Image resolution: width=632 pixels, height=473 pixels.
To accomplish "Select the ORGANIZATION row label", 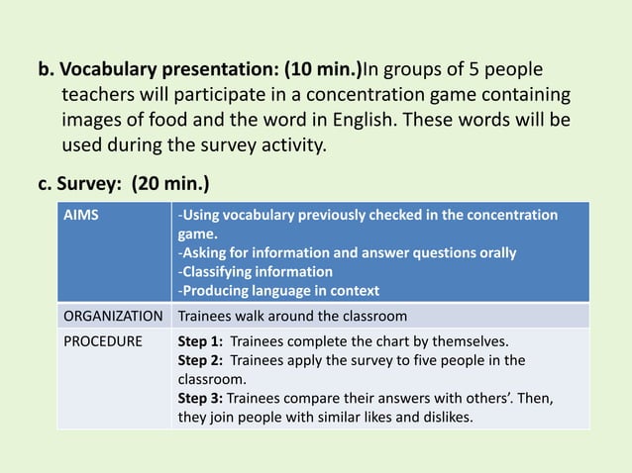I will (x=113, y=318).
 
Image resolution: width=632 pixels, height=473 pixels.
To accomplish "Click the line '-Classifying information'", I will (x=255, y=271).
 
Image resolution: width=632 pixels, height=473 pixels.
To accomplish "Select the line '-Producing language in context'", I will (x=278, y=290).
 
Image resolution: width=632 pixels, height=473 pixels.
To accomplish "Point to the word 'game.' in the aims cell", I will (x=196, y=235).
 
